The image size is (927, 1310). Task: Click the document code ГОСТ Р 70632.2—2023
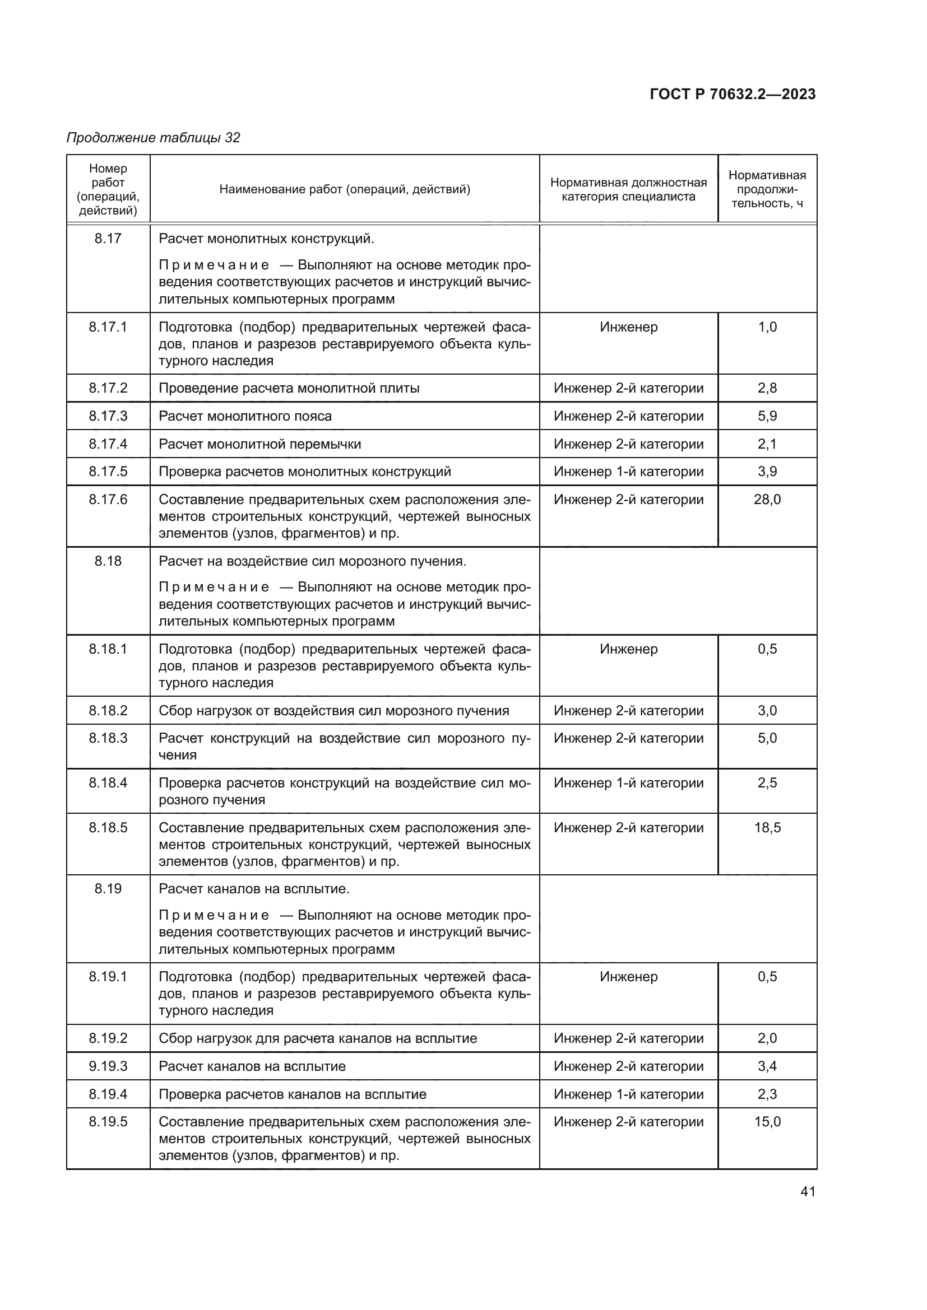point(733,94)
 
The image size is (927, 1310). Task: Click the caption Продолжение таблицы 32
point(153,138)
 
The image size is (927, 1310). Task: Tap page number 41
point(808,1191)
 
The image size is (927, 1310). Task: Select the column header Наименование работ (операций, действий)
point(345,189)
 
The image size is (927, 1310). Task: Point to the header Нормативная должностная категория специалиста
point(628,189)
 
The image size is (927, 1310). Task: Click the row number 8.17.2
point(108,388)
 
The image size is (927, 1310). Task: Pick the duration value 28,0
point(767,499)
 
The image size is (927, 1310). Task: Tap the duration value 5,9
point(767,416)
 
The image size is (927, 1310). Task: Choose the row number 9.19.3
point(108,1066)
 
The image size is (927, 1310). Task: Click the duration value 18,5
point(767,827)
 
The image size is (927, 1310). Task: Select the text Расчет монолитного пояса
point(245,416)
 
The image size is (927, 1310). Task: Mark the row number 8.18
point(108,561)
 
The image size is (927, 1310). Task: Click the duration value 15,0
point(767,1122)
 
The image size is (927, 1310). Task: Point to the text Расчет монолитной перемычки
point(259,444)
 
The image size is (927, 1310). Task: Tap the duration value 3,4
point(767,1066)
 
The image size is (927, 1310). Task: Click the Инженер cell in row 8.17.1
point(628,327)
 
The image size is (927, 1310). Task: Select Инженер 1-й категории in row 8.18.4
point(628,783)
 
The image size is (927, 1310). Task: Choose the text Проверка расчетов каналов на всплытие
point(292,1094)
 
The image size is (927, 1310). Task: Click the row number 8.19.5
point(108,1122)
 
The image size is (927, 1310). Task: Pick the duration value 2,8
point(767,388)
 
